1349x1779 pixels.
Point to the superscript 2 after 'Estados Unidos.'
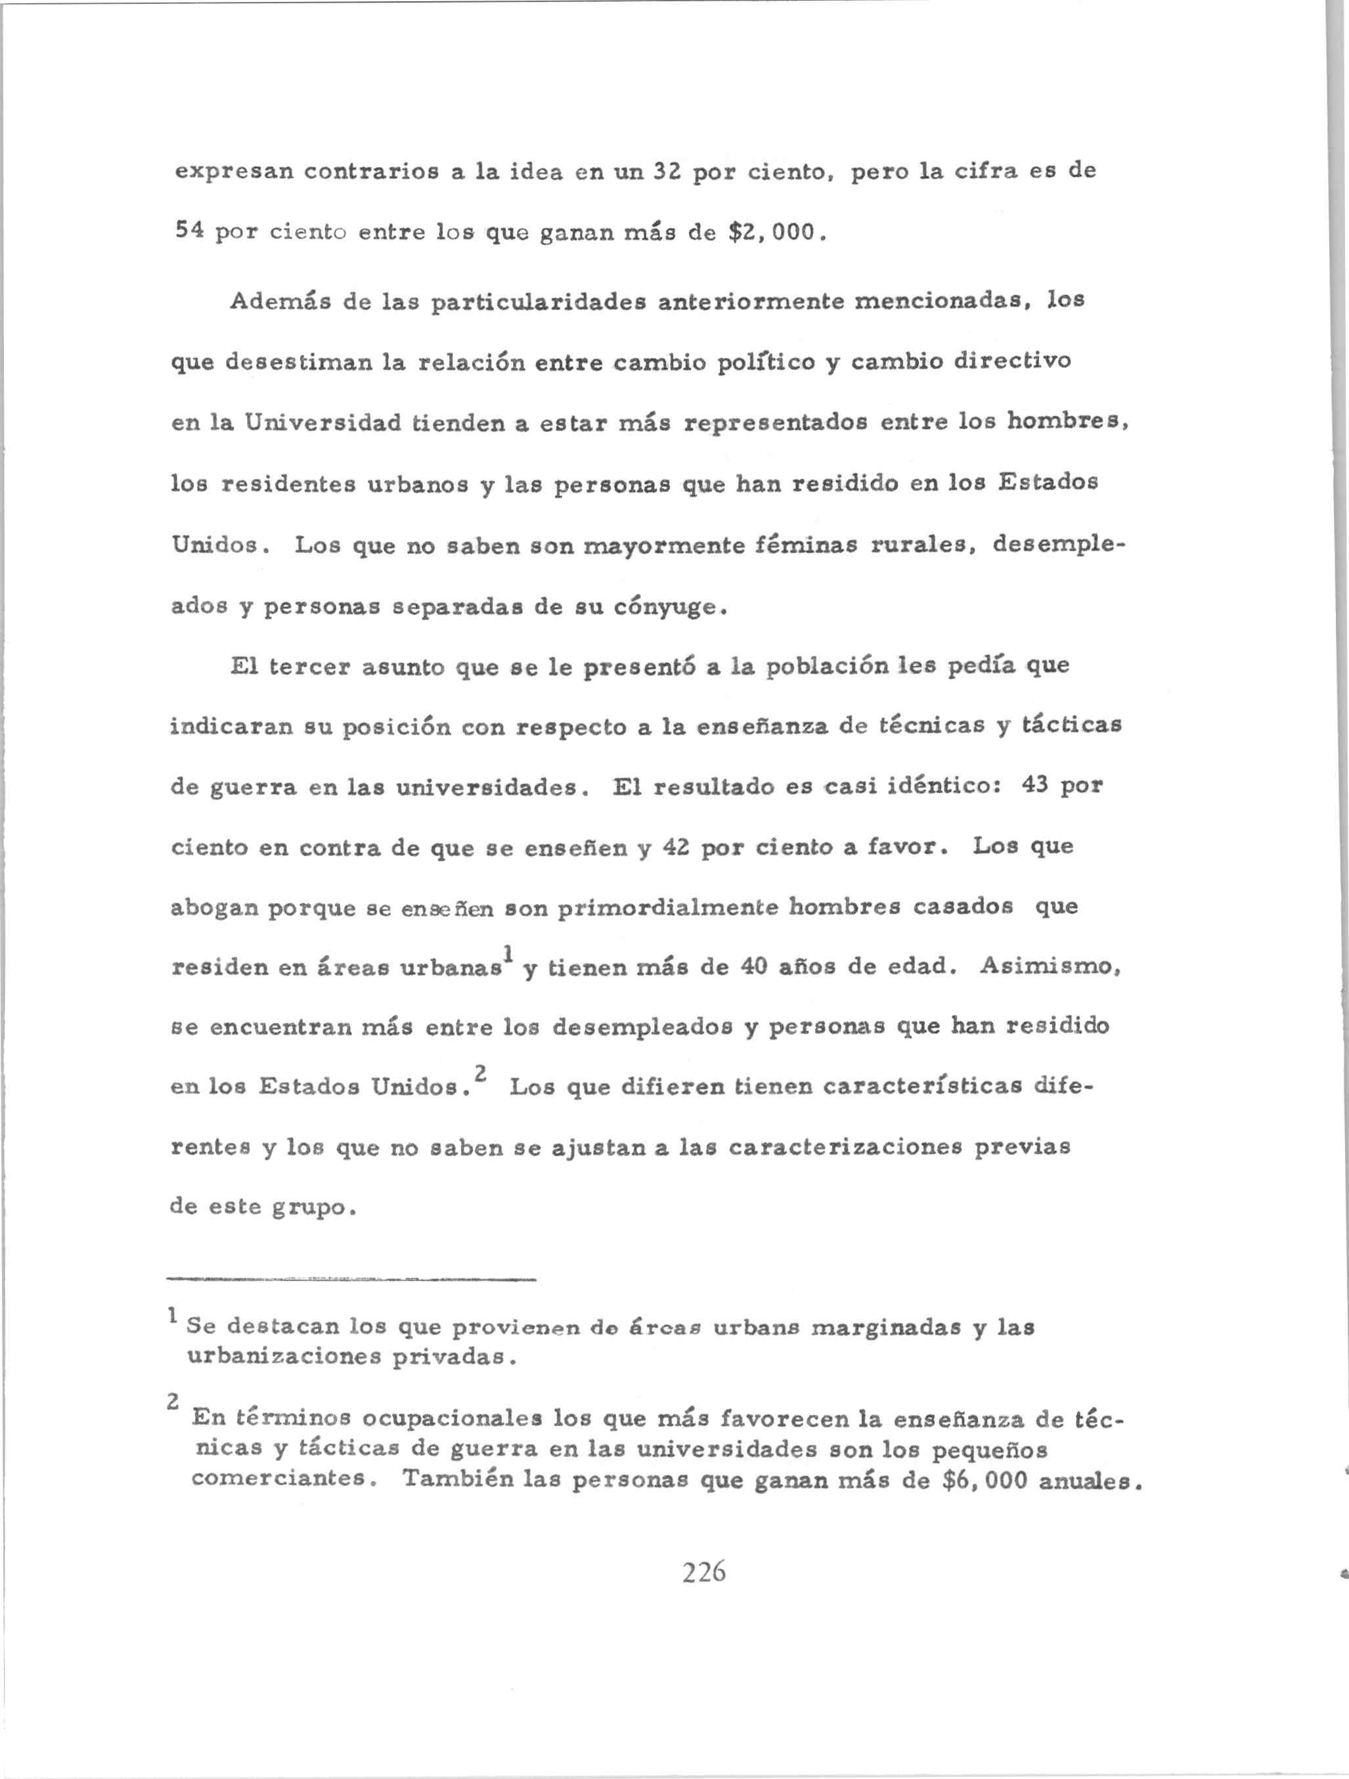tap(480, 1073)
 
